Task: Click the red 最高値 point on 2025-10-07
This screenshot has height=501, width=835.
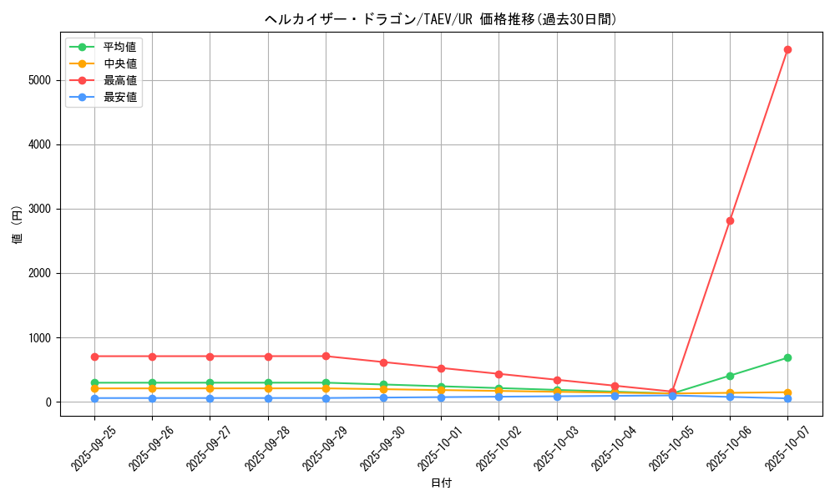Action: tap(787, 49)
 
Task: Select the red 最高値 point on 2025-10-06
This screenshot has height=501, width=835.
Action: tap(730, 220)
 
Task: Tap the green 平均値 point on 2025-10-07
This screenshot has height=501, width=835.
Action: tap(787, 358)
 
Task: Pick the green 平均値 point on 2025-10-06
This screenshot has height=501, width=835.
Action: tap(730, 376)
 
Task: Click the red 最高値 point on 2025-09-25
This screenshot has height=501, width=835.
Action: tap(94, 357)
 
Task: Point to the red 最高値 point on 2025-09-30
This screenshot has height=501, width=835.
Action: tap(383, 362)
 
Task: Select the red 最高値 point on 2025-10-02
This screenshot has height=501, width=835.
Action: tap(498, 374)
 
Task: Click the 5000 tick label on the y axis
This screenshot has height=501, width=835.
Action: tap(38, 80)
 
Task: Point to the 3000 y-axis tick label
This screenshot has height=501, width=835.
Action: tap(38, 209)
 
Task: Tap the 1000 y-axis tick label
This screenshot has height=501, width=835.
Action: tap(38, 338)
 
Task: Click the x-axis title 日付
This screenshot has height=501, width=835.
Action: tap(441, 483)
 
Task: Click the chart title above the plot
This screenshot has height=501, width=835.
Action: tap(441, 19)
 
